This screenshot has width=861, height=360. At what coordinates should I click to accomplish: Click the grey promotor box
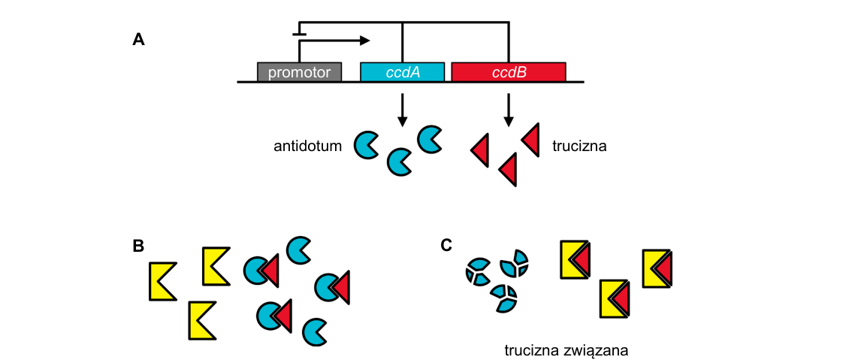pos(300,72)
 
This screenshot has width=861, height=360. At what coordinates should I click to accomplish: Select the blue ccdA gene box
pos(403,72)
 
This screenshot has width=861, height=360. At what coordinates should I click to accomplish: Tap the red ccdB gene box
pos(509,72)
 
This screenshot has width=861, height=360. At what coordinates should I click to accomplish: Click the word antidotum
pos(308,147)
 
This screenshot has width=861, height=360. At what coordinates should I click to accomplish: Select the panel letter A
pos(139,40)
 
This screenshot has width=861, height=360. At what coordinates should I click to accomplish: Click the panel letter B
pos(139,246)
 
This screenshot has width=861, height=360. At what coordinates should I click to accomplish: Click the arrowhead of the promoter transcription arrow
pos(364,40)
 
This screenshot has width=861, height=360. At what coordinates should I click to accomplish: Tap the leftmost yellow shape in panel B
pos(162,281)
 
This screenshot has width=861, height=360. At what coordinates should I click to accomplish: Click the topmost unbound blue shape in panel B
pos(298,250)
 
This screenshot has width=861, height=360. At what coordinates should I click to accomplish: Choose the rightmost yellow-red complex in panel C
pos(657,268)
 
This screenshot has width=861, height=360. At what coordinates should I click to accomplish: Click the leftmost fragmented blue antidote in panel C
pos(478,271)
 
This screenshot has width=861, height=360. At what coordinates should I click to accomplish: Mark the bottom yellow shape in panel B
pos(203,320)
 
